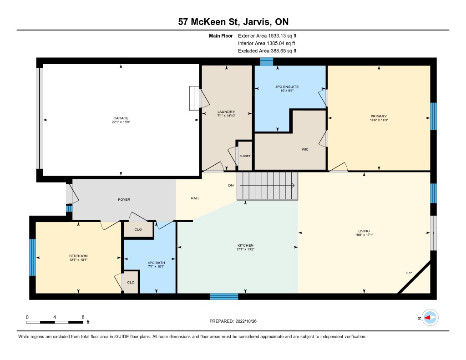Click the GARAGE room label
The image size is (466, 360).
pyautogui.click(x=121, y=118)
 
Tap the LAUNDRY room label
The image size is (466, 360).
pyautogui.click(x=226, y=112)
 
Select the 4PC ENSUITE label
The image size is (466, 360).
pyautogui.click(x=287, y=87)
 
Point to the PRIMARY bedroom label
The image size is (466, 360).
pyautogui.click(x=379, y=116)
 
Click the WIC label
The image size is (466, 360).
pyautogui.click(x=305, y=150)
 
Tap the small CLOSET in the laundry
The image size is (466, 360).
pyautogui.click(x=245, y=156)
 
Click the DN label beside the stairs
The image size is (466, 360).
pyautogui.click(x=231, y=185)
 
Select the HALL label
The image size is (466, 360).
pyautogui.click(x=195, y=198)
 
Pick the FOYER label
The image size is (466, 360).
pyautogui.click(x=124, y=199)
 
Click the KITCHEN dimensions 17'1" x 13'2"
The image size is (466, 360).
pyautogui.click(x=245, y=249)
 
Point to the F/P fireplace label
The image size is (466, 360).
pyautogui.click(x=409, y=273)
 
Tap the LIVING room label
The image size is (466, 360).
pyautogui.click(x=364, y=231)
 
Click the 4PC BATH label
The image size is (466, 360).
pyautogui.click(x=157, y=263)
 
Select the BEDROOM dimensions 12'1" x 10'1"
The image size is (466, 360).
pyautogui.click(x=78, y=260)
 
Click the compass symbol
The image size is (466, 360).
pyautogui.click(x=430, y=318)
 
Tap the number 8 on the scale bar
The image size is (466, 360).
pyautogui.click(x=83, y=317)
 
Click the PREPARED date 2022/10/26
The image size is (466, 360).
pyautogui.click(x=246, y=321)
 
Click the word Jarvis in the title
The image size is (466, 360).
pyautogui.click(x=257, y=22)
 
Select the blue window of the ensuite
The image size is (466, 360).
pyautogui.click(x=266, y=61)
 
